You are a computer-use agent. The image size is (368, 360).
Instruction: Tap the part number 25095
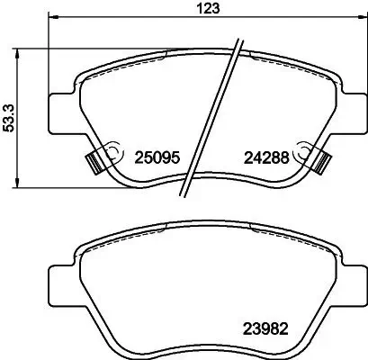pyautogui.click(x=156, y=156)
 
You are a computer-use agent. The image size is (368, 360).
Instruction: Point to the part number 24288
pyautogui.click(x=266, y=156)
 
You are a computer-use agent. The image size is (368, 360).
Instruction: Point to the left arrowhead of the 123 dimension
pyautogui.click(x=52, y=16)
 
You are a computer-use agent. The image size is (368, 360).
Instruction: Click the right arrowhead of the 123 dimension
pyautogui.click(x=359, y=16)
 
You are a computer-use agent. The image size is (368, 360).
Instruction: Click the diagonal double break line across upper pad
pyautogui.click(x=211, y=117)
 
